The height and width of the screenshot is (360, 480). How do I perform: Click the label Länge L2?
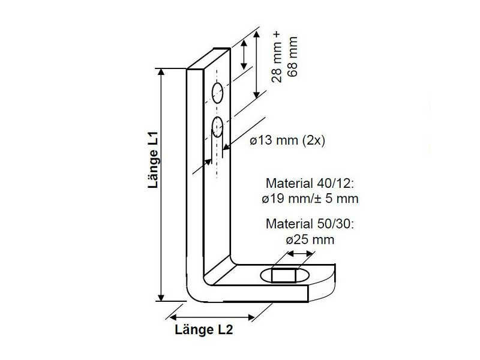pyautogui.click(x=203, y=329)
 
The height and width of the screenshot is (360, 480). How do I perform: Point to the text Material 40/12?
pyautogui.click(x=310, y=183)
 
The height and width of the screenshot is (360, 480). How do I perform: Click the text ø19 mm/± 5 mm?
pyautogui.click(x=310, y=198)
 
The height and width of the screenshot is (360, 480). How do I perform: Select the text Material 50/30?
pyautogui.click(x=310, y=224)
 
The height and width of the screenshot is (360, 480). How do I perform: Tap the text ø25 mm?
pyautogui.click(x=310, y=239)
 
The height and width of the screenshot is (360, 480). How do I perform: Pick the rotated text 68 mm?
pyautogui.click(x=293, y=57)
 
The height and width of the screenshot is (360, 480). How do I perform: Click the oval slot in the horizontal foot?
pyautogui.click(x=286, y=276)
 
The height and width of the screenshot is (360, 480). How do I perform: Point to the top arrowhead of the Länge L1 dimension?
pyautogui.click(x=161, y=72)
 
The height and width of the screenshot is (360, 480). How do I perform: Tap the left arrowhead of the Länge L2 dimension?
pyautogui.click(x=173, y=316)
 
